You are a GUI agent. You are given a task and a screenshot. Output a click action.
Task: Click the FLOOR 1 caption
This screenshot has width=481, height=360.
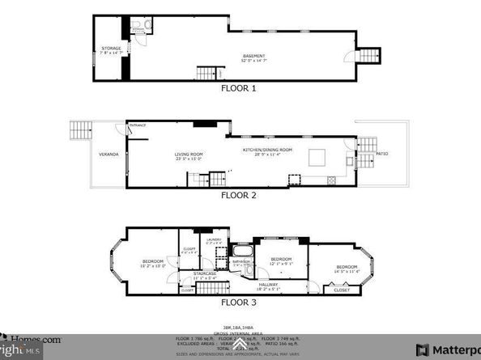(238, 88)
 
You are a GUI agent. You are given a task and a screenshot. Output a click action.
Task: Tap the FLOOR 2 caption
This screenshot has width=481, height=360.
(238, 195)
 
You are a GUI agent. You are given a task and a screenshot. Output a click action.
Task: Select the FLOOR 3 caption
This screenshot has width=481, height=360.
(238, 302)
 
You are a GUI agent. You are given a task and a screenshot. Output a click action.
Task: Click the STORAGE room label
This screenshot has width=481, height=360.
(111, 49)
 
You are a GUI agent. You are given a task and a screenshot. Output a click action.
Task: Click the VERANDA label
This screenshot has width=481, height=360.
(109, 154)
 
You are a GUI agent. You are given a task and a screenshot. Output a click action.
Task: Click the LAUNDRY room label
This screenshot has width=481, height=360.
(215, 241)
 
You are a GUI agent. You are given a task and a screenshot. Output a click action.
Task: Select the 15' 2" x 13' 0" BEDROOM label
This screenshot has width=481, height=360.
(153, 262)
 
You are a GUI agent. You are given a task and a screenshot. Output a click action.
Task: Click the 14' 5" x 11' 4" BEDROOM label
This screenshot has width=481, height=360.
(347, 269)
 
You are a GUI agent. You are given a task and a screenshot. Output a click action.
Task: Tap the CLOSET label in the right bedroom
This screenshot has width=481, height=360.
(342, 290)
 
